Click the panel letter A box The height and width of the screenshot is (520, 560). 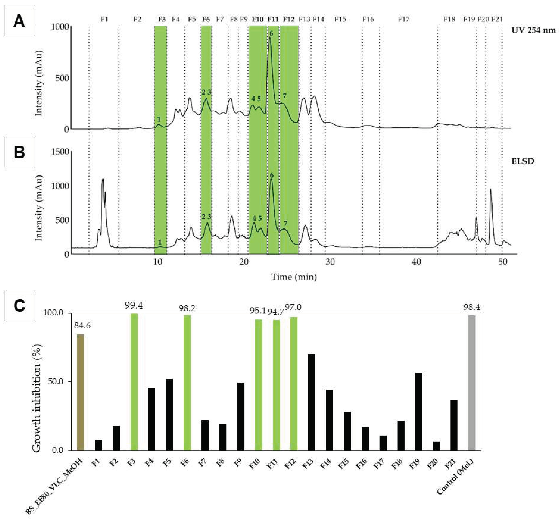pos(19,21)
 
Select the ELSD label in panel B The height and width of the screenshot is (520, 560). pos(523,161)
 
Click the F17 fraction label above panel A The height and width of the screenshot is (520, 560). pos(403,19)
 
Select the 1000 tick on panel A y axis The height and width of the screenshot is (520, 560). pos(60,27)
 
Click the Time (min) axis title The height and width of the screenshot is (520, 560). pos(294,277)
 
